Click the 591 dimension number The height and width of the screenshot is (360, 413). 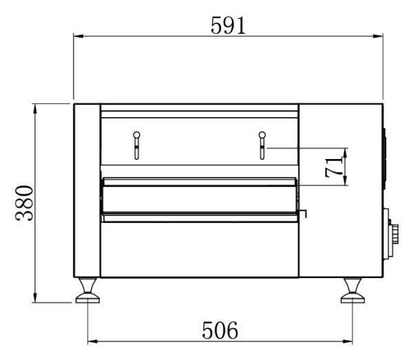[x=228, y=25]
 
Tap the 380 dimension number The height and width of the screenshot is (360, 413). [x=24, y=203]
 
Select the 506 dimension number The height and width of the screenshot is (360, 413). [x=220, y=330]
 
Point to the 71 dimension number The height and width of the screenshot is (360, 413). [x=333, y=167]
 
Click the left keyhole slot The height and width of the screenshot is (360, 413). [x=136, y=145]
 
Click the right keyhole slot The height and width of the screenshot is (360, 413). [x=262, y=145]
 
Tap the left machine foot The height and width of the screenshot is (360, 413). [x=87, y=290]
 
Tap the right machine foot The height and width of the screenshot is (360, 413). [x=352, y=290]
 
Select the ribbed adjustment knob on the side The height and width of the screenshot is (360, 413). [x=394, y=233]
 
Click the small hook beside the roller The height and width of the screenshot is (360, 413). [x=304, y=213]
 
